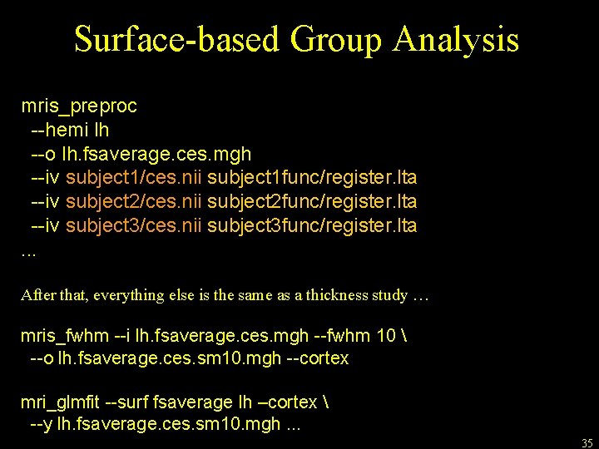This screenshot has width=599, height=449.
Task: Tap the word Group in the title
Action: (336, 40)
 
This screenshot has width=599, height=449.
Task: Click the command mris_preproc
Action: (79, 106)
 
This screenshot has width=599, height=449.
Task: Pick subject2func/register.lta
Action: (312, 202)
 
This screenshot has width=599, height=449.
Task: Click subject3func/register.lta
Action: (312, 225)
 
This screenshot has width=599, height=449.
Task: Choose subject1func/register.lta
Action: (312, 178)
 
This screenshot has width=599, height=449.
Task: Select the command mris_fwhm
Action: (64, 335)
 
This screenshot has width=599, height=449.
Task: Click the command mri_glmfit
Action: (60, 402)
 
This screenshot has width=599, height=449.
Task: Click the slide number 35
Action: (587, 443)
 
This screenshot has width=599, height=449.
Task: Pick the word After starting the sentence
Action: (37, 295)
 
